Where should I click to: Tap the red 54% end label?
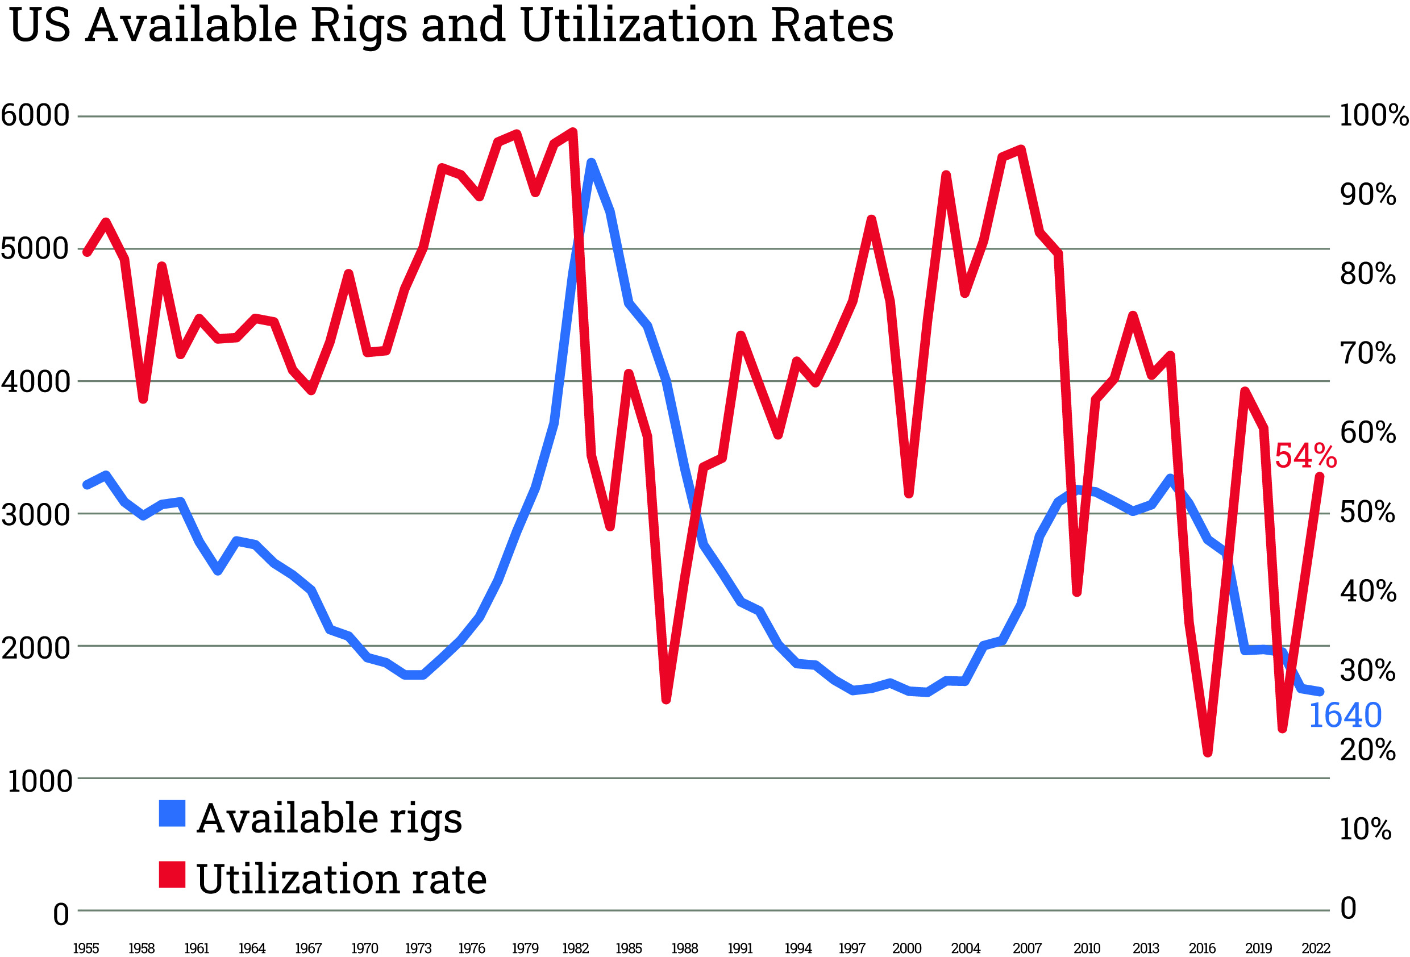click(1305, 456)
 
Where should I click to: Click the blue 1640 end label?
click(1345, 715)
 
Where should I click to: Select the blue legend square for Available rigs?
click(172, 814)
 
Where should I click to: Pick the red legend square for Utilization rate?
click(172, 875)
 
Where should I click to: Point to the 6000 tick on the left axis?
click(35, 115)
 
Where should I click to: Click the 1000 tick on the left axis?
click(39, 781)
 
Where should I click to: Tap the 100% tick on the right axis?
click(1373, 115)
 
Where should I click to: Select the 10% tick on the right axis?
click(1365, 829)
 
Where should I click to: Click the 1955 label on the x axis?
click(86, 948)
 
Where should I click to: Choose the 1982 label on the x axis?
click(575, 948)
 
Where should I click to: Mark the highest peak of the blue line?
click(591, 163)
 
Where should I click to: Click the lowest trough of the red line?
click(1207, 752)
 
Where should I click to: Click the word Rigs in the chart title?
click(359, 26)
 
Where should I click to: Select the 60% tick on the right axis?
click(1367, 432)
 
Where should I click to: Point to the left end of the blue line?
click(87, 484)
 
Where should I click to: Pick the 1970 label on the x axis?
click(364, 948)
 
